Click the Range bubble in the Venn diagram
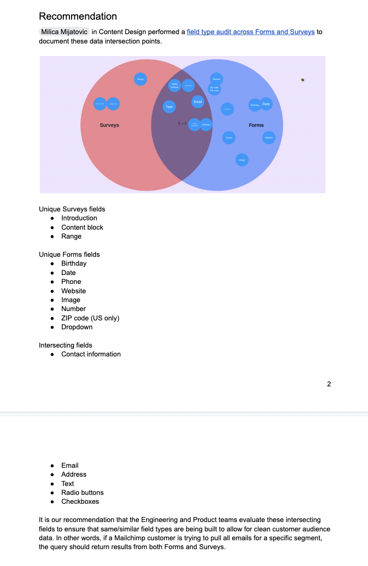[x=140, y=79]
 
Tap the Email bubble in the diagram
[x=198, y=102]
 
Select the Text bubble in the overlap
[x=169, y=107]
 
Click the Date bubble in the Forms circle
[x=266, y=104]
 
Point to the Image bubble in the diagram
[x=242, y=160]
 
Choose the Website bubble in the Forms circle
[x=269, y=138]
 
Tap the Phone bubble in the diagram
[x=228, y=138]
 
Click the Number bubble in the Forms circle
[x=216, y=79]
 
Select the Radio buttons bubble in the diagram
[x=175, y=85]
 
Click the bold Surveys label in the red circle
[x=110, y=125]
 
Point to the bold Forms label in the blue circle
[x=256, y=125]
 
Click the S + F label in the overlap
[x=182, y=124]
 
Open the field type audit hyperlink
[x=250, y=32]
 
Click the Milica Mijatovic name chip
[x=64, y=32]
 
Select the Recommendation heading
[x=78, y=16]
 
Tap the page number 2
[x=329, y=384]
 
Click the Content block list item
[x=82, y=227]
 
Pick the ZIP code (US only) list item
[x=90, y=318]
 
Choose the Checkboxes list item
[x=80, y=501]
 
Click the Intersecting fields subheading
[x=66, y=345]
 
